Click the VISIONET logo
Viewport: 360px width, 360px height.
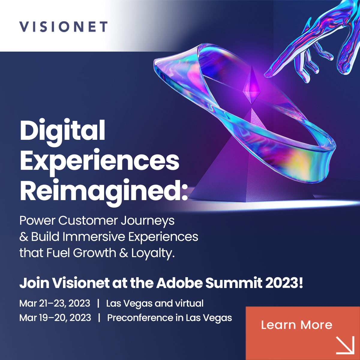coord(63,27)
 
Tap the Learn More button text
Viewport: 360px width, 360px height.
coord(296,325)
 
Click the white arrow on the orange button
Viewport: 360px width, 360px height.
coord(345,345)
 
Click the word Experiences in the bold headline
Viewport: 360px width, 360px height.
coord(100,161)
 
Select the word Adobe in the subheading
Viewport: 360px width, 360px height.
coord(180,283)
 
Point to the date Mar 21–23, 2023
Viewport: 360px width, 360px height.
coord(55,303)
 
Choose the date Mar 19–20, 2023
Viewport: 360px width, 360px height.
coord(55,318)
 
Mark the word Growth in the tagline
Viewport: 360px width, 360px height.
coord(94,253)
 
